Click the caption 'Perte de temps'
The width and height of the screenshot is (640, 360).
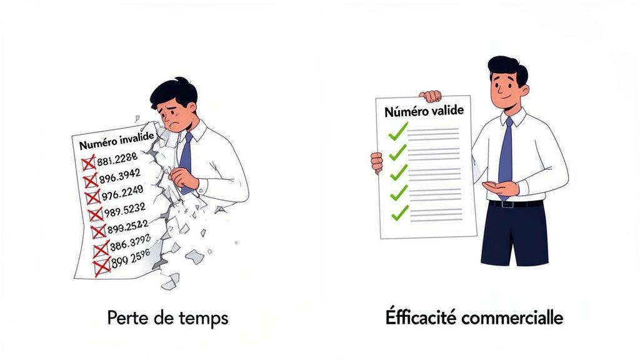tap(167, 318)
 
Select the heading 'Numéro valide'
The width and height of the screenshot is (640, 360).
tap(424, 112)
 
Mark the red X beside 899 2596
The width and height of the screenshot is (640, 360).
tap(101, 267)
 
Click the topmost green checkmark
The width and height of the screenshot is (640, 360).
tap(397, 131)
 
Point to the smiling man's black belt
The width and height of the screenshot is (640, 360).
tap(516, 204)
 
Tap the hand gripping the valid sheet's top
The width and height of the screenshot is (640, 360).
tap(431, 96)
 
